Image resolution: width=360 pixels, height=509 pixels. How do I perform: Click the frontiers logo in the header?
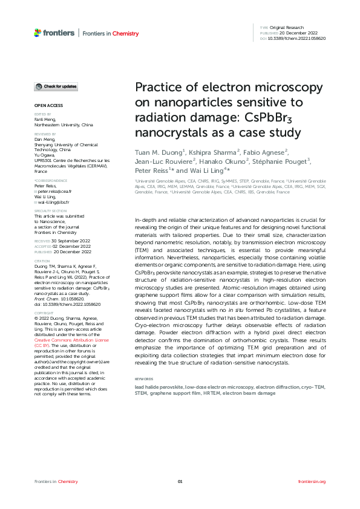coord(54,33)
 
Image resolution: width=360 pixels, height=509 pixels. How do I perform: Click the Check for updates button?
coord(56,87)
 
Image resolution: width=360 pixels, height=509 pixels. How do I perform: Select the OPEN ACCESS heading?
coord(45,106)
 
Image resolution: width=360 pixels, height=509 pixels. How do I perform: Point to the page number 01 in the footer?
coord(180,481)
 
